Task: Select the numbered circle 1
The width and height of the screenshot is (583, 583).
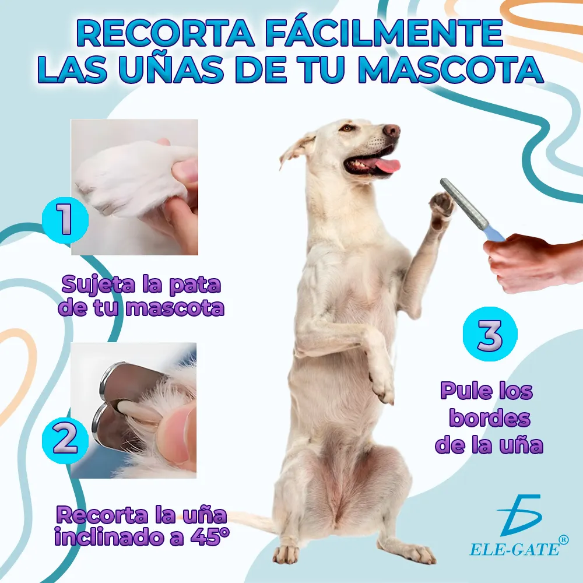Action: [65, 220]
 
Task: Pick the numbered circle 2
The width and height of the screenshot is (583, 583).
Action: [65, 439]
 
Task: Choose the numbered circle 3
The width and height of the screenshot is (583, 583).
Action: [490, 334]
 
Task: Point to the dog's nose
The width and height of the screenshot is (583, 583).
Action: [392, 130]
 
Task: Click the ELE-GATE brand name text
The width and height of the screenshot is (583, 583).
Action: [515, 549]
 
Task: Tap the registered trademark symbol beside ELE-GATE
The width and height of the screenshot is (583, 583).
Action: [564, 539]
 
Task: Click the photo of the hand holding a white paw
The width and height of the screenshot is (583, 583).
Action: [134, 187]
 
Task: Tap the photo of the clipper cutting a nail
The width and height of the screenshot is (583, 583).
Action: [134, 410]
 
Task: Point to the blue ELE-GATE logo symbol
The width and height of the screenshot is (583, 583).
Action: [519, 515]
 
